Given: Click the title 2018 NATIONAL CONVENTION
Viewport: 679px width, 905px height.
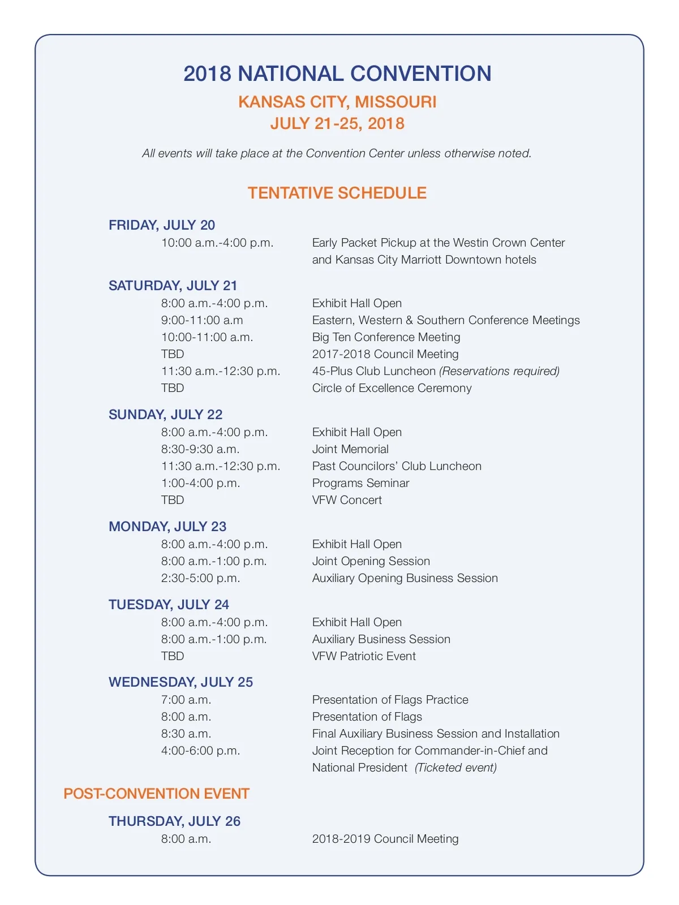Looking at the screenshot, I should [337, 74].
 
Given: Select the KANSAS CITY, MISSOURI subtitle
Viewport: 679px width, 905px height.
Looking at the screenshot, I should [337, 102].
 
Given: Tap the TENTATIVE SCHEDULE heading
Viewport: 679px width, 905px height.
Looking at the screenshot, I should [337, 193].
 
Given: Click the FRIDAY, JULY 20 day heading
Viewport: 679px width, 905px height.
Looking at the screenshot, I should [162, 225].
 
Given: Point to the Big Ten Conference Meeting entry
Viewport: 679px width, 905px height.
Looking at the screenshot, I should [386, 337].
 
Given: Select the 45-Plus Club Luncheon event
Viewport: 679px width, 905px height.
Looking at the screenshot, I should [374, 371].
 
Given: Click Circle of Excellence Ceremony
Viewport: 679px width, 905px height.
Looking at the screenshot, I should [392, 388].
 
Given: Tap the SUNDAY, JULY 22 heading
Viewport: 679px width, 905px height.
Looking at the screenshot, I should [165, 415].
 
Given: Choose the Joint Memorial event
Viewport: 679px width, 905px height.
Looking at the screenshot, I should [350, 449].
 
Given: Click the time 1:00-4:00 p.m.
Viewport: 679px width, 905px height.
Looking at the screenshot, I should [200, 483].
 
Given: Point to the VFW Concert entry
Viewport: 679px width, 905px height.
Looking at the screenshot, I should [347, 500].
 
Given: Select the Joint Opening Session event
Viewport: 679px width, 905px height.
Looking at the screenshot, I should [371, 561].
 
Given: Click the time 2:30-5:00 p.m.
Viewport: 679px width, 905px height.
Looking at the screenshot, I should [200, 578].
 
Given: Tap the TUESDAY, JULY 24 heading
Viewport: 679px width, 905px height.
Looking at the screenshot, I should [169, 605].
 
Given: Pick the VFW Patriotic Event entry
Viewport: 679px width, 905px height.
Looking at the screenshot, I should [364, 656].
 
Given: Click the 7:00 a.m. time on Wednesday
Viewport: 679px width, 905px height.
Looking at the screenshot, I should [186, 700].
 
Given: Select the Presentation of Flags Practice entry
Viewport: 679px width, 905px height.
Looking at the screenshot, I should [390, 700].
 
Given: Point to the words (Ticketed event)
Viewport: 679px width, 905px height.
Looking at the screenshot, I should [455, 768].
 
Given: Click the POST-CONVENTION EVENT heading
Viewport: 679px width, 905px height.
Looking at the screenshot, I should [156, 794].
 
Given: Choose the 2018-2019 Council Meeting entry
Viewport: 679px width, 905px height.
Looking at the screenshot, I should [385, 839].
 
